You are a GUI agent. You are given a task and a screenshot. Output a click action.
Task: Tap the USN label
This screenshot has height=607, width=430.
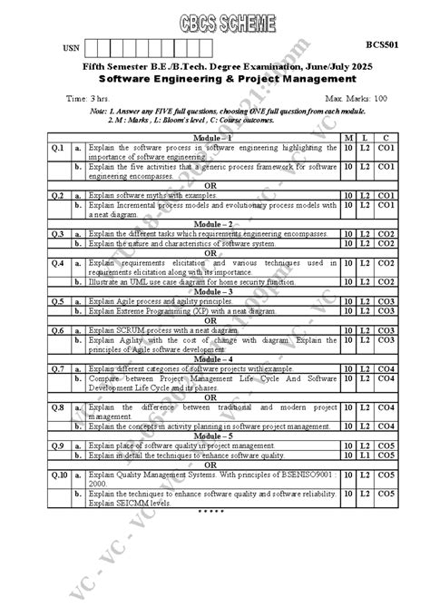(x=71, y=47)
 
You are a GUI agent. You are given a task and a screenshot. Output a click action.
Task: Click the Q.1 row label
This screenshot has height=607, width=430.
(x=57, y=146)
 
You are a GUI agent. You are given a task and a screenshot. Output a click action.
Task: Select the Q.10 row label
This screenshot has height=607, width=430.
(x=59, y=475)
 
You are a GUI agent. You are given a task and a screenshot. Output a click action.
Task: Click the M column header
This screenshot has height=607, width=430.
(x=348, y=136)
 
